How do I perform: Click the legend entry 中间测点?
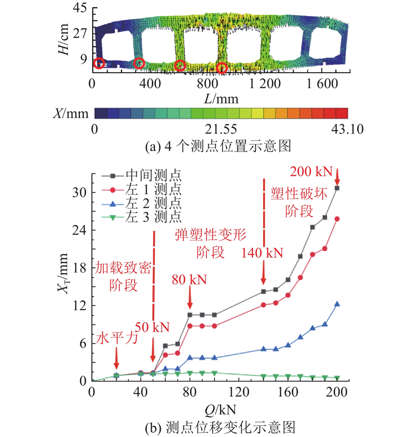click(141, 175)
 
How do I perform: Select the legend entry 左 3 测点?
click(141, 217)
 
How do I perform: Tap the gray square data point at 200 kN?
click(337, 188)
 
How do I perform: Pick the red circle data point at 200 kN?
click(337, 219)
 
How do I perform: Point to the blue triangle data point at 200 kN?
click(337, 304)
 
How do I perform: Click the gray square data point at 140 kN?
click(264, 292)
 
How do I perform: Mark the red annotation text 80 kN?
click(189, 280)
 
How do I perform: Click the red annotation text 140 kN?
click(262, 253)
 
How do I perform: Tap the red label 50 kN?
click(152, 327)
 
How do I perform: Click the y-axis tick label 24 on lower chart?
click(79, 230)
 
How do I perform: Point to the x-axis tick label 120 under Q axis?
click(238, 393)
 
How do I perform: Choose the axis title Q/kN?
click(220, 410)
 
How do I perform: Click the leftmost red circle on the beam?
click(99, 63)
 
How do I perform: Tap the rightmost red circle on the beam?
click(222, 68)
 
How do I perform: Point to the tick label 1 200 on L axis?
click(265, 84)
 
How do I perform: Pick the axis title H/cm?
click(64, 39)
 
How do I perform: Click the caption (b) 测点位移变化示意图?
click(220, 428)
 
